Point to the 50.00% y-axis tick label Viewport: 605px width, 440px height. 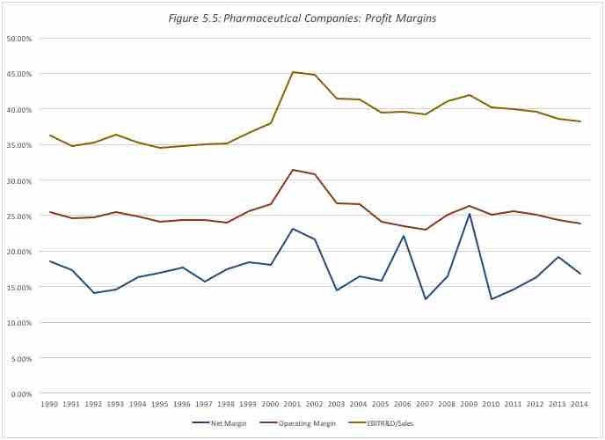pyautogui.click(x=19, y=39)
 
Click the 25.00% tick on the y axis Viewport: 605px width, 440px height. pyautogui.click(x=19, y=216)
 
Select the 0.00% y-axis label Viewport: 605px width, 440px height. pyautogui.click(x=21, y=393)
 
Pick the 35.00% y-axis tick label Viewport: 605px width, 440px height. pyautogui.click(x=19, y=145)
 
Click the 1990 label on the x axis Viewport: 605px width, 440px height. pyautogui.click(x=50, y=404)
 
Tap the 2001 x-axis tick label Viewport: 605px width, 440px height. pyautogui.click(x=292, y=404)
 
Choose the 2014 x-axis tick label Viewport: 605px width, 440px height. pyautogui.click(x=579, y=404)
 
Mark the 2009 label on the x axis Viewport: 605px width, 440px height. pyautogui.click(x=469, y=404)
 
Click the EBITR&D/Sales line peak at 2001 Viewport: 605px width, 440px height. pyautogui.click(x=292, y=72)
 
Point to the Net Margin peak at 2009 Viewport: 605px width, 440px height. pyautogui.click(x=469, y=214)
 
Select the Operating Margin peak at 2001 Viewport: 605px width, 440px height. pyautogui.click(x=292, y=170)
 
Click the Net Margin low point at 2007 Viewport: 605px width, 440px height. pyautogui.click(x=425, y=299)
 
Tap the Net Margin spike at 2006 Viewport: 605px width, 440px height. pyautogui.click(x=403, y=236)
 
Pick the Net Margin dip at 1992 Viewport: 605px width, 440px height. pyautogui.click(x=94, y=293)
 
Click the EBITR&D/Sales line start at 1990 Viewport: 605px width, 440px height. pyautogui.click(x=50, y=136)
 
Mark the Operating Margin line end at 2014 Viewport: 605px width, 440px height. pyautogui.click(x=579, y=224)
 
